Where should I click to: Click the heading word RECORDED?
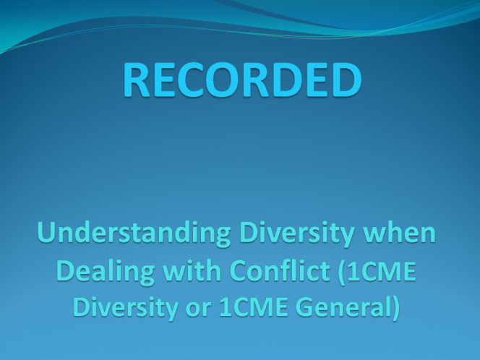(242, 80)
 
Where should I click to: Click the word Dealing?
(106, 273)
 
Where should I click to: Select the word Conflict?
(280, 270)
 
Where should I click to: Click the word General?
(343, 307)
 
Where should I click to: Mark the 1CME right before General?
(254, 307)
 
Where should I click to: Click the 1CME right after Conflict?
(382, 270)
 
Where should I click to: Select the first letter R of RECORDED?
(136, 80)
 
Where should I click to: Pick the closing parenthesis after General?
(396, 307)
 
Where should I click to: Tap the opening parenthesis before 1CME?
(342, 272)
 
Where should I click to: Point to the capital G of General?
(305, 307)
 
